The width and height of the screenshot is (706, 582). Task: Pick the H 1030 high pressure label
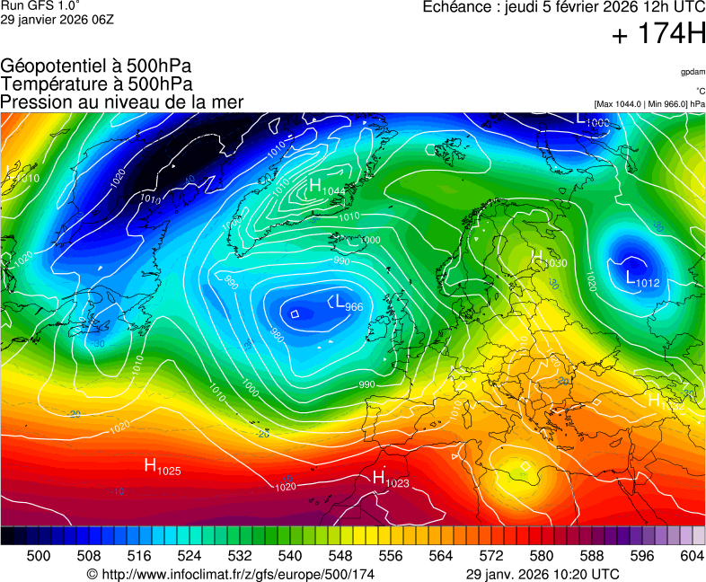click(x=549, y=260)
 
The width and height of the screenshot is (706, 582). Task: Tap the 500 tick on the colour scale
click(x=39, y=556)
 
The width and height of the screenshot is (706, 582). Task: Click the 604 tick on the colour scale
click(x=692, y=556)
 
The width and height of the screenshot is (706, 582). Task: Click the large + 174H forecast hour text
click(x=657, y=35)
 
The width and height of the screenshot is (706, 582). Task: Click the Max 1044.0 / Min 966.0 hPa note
click(x=649, y=104)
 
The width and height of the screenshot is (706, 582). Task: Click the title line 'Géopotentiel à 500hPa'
click(x=96, y=66)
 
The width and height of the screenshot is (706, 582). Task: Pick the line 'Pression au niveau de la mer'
click(x=122, y=102)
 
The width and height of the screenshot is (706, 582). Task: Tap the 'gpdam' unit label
click(x=692, y=71)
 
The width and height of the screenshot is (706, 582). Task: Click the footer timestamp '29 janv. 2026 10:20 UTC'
click(x=543, y=574)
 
